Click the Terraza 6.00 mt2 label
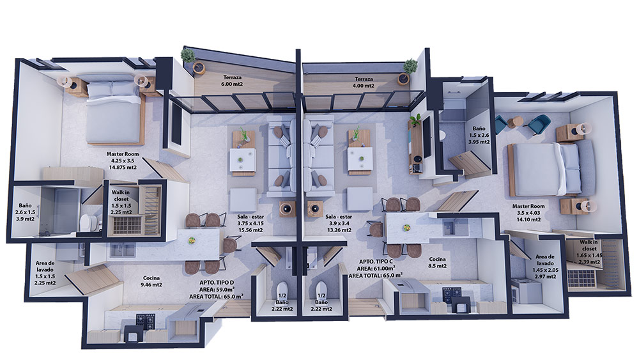(x=233, y=81)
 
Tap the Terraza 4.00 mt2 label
(x=364, y=82)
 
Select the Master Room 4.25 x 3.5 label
(x=122, y=160)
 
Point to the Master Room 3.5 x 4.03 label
(x=528, y=213)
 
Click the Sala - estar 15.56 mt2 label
(x=250, y=223)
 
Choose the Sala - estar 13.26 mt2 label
(x=339, y=223)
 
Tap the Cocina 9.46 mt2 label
(x=151, y=281)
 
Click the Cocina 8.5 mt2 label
(x=437, y=263)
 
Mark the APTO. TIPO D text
(x=217, y=283)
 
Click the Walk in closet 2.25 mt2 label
(x=121, y=202)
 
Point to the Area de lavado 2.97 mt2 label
(x=545, y=267)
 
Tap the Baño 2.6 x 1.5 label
(x=25, y=212)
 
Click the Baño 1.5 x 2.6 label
(x=479, y=136)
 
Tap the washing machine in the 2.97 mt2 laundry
(x=526, y=290)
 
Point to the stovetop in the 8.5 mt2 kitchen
(x=452, y=292)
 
